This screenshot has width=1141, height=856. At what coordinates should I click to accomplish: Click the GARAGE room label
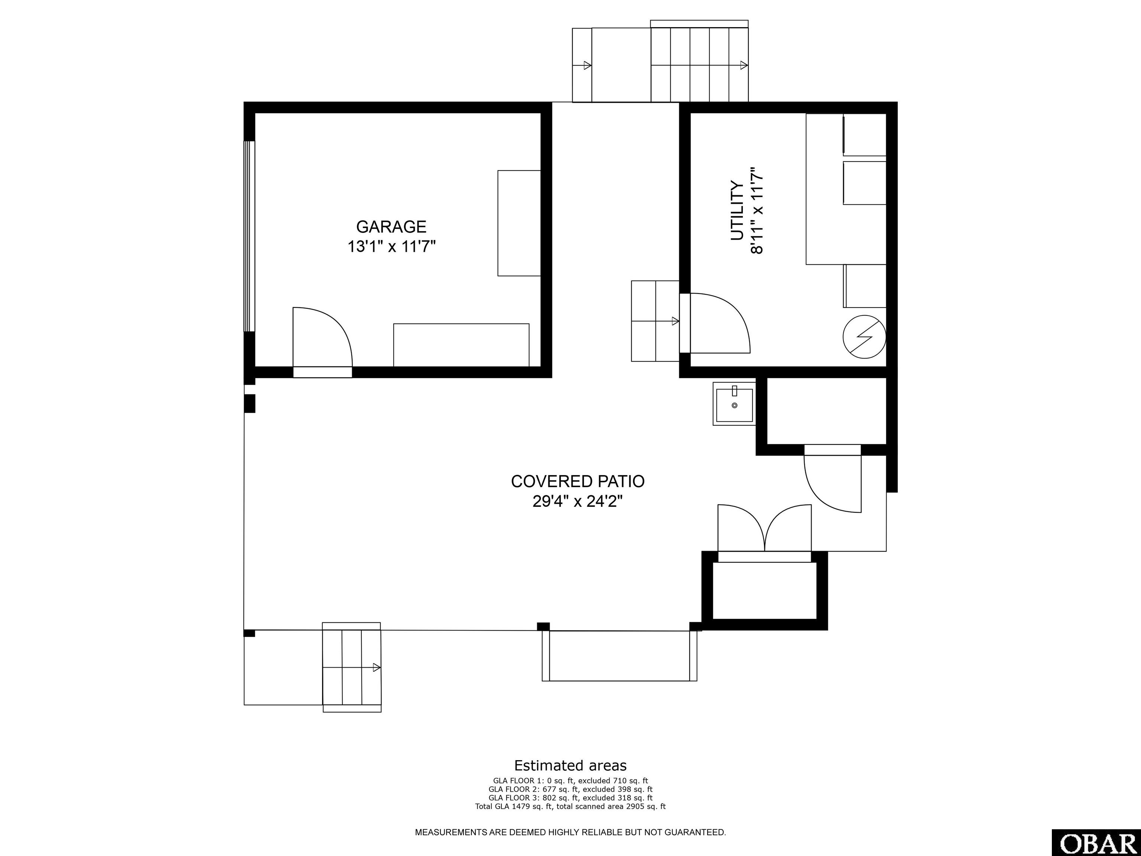[x=391, y=227]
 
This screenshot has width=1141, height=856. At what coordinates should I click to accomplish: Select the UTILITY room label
[x=737, y=211]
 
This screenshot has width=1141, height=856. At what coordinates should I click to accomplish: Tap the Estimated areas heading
[x=570, y=765]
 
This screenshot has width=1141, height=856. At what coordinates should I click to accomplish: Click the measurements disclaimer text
[x=570, y=832]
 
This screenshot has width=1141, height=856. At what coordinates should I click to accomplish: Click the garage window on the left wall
[x=250, y=236]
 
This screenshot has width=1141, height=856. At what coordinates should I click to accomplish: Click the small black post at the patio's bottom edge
[x=543, y=626]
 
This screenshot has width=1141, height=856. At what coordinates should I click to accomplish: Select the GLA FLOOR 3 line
[x=570, y=798]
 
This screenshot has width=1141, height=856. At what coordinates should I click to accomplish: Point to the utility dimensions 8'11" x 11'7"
[x=757, y=211]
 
